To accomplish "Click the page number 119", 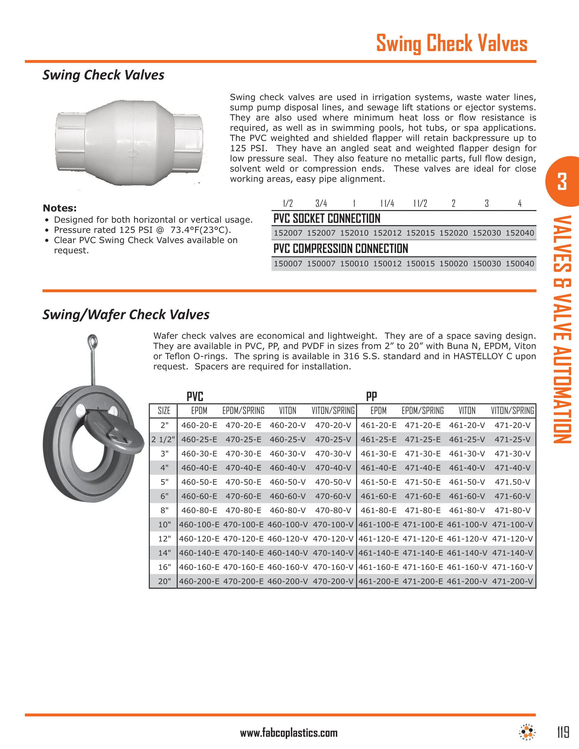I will (x=563, y=733).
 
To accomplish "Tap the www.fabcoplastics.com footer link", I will (x=289, y=733).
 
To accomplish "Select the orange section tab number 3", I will (x=562, y=182).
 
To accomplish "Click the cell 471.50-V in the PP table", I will (x=513, y=482).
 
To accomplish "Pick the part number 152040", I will (x=520, y=233).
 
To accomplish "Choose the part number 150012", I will (x=387, y=264).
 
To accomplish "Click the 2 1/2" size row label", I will (x=163, y=439).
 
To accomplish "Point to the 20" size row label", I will (x=165, y=581).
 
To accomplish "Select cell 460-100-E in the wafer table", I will (x=199, y=524).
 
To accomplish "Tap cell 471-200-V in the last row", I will (x=513, y=581).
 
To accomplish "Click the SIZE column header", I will (x=164, y=411).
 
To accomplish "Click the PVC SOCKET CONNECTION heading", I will (x=327, y=219).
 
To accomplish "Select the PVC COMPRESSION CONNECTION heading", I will (x=341, y=249).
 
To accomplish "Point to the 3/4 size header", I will (x=321, y=204).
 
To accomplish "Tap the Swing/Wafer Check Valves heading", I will (x=126, y=315).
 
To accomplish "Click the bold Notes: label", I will (x=60, y=208).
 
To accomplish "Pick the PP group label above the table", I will (x=372, y=397).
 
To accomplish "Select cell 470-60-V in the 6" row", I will (x=333, y=496).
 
